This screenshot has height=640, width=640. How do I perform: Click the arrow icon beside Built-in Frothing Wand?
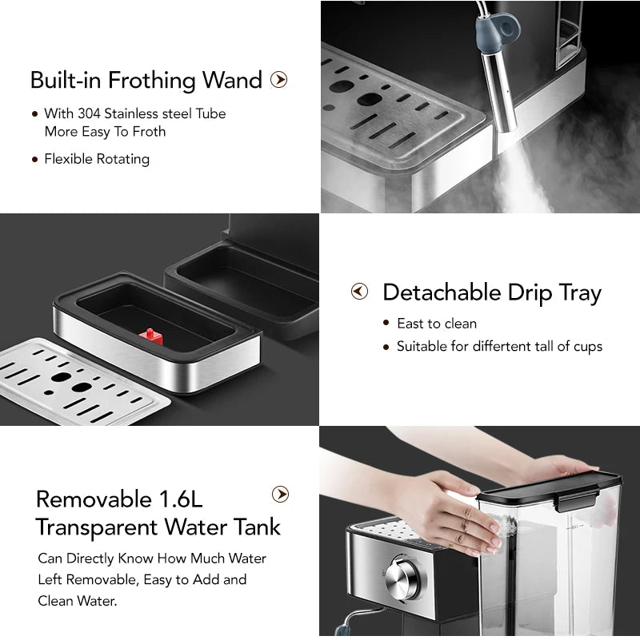(278, 80)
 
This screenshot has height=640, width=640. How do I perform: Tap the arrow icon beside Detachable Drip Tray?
(359, 292)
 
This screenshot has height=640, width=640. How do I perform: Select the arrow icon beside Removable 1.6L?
(280, 495)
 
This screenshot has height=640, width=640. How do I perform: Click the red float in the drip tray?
(151, 336)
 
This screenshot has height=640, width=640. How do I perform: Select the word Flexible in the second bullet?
(69, 159)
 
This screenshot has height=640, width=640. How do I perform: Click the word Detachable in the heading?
(442, 292)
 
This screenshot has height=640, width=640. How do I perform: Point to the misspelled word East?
(410, 324)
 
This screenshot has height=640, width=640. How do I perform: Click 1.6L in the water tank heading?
(181, 499)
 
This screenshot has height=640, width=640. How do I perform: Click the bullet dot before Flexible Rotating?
(34, 159)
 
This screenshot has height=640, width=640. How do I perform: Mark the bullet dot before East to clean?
(386, 324)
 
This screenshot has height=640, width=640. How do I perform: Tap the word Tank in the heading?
(257, 527)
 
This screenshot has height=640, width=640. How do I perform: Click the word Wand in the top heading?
(232, 80)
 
